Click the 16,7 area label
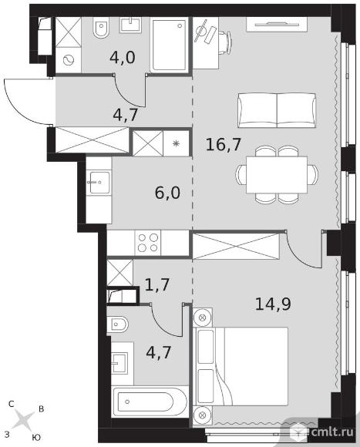[x=224, y=145]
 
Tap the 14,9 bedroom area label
[x=273, y=304]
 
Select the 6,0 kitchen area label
[x=167, y=193]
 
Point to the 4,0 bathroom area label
[x=123, y=58]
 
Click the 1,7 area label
[x=157, y=284]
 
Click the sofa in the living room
[x=277, y=110]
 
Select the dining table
[x=277, y=174]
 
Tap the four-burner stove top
[x=148, y=243]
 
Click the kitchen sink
[x=99, y=182]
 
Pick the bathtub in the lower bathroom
[x=150, y=402]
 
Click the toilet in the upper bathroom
[x=101, y=27]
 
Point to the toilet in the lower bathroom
[x=117, y=324]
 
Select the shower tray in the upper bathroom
[x=169, y=44]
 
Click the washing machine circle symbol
[x=68, y=60]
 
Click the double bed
[x=241, y=366]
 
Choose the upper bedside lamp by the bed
[x=203, y=318]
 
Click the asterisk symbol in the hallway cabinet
[x=177, y=143]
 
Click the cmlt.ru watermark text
[x=332, y=432]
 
